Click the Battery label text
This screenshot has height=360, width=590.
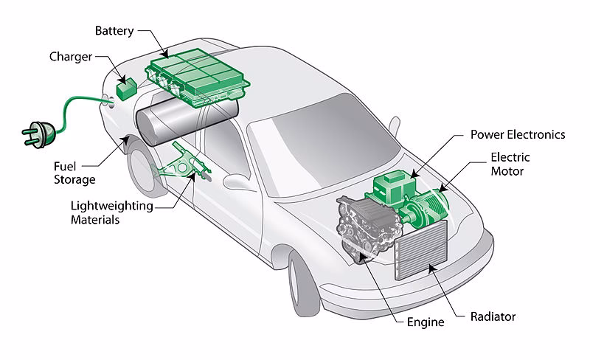point(114,31)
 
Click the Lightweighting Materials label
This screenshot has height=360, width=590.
point(111,212)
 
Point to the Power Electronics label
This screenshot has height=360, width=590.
point(518,135)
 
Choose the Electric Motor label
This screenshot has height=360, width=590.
point(510,164)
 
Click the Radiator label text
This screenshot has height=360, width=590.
point(493,317)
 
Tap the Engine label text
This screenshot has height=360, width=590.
point(426,322)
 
